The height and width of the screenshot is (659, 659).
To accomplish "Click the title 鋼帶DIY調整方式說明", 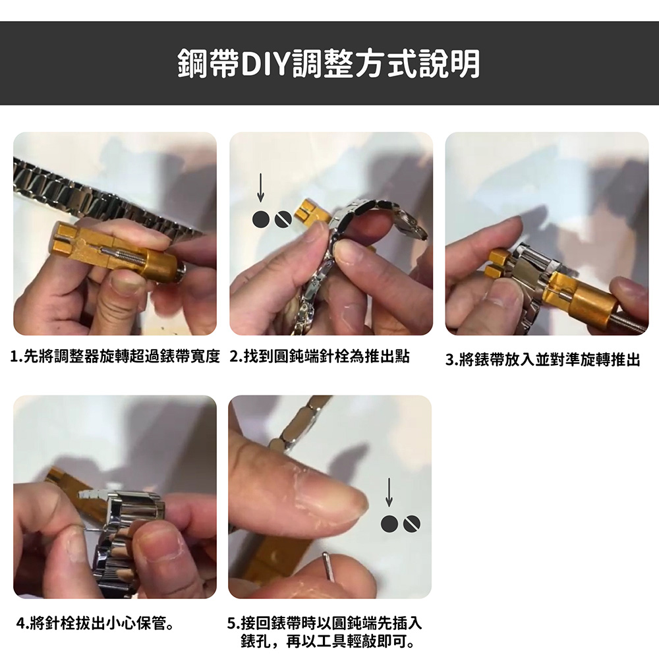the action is (x=329, y=64).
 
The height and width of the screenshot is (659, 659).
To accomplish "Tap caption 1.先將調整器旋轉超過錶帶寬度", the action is (x=115, y=357).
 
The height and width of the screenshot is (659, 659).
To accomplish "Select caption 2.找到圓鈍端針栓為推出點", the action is (x=320, y=357).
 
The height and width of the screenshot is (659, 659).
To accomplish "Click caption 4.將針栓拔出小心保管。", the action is (x=96, y=623).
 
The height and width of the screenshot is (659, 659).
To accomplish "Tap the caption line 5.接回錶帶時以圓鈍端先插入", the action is (x=324, y=623).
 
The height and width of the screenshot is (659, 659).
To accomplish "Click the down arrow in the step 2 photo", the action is (x=260, y=187).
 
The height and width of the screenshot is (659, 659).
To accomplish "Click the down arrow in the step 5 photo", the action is (x=389, y=492).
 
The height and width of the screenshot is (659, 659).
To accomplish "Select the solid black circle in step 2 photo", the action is (x=261, y=219).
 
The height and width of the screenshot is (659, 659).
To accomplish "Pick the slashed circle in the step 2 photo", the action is (x=283, y=219).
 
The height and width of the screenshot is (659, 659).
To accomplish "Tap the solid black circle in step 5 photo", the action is (x=389, y=524).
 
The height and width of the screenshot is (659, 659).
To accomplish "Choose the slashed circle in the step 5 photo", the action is (x=412, y=524).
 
